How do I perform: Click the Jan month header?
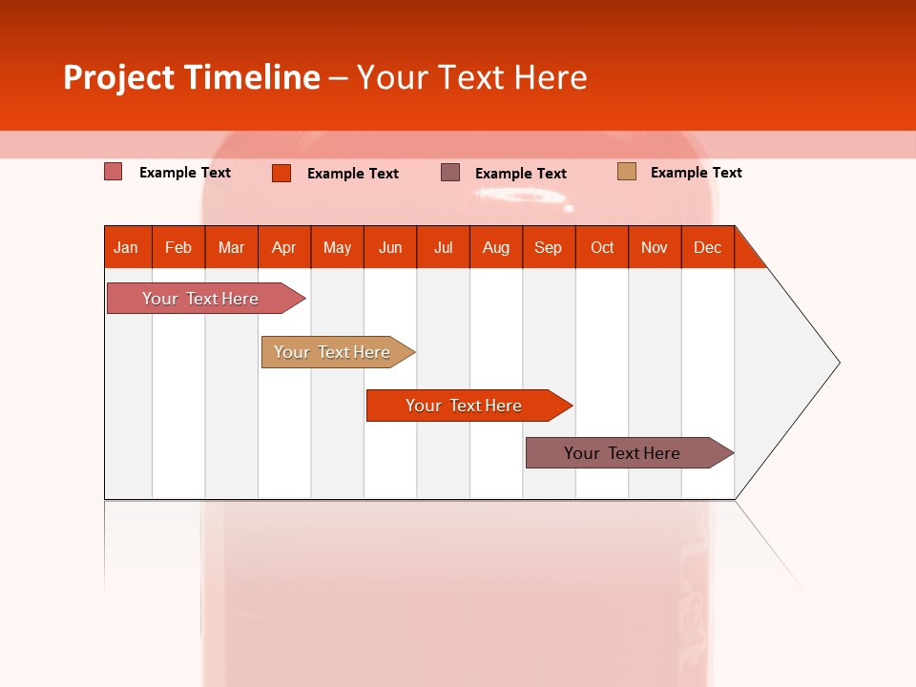point(127,247)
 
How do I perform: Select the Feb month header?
point(178,247)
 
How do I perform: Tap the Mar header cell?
point(231,247)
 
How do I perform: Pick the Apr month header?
point(284,247)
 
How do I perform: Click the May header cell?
point(337,247)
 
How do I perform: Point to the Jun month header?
point(390,247)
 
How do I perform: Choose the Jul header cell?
point(443,247)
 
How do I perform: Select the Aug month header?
point(496,247)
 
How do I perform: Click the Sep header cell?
point(549,247)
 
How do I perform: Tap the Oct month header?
point(602,247)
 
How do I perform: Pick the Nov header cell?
point(655,247)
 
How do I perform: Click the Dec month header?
point(707,247)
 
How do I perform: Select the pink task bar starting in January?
point(201,299)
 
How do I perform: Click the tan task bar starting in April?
point(333,352)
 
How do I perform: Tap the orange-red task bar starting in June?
point(465,406)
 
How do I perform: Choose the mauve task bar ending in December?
point(623,453)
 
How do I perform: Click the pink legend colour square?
point(114,172)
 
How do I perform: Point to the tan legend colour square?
point(626,172)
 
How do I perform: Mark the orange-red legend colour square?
point(281,173)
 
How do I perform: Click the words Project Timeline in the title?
point(192,77)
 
